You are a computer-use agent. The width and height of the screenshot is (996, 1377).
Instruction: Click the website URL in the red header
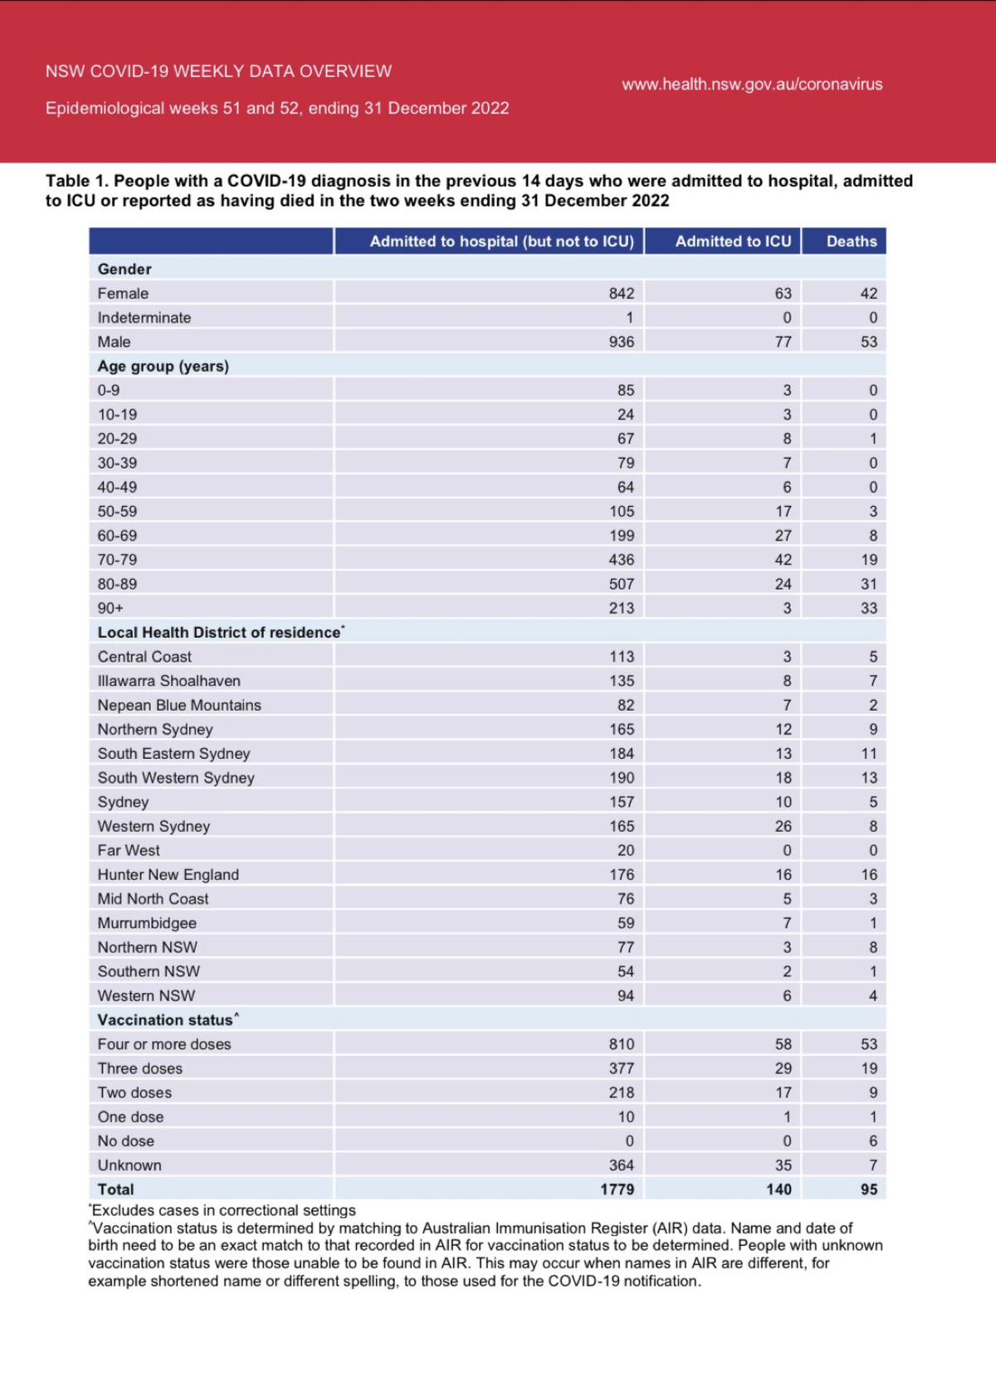752,84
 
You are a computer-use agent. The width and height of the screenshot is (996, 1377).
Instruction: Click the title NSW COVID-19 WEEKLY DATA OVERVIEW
218,71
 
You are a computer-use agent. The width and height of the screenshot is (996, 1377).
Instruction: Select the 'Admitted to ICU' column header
733,241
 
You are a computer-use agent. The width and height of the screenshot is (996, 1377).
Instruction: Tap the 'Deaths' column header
852,241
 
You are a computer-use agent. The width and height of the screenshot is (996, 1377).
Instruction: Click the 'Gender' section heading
124,269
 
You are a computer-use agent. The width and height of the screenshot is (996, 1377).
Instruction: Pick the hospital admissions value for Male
621,342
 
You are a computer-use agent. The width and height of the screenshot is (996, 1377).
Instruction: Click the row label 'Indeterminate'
144,318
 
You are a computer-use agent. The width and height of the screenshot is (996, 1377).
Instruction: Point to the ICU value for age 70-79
783,560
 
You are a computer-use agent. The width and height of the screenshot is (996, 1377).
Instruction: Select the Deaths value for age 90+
868,608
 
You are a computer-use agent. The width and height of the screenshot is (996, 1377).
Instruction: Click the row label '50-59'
117,512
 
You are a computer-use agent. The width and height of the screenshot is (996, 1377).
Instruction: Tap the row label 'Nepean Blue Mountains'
179,705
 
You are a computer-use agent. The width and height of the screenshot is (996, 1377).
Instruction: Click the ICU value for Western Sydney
783,826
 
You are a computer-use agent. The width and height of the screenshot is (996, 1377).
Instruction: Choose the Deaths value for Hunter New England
868,874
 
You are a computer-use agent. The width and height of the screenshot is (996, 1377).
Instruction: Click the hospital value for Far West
625,850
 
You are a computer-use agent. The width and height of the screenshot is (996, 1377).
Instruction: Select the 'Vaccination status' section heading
165,1020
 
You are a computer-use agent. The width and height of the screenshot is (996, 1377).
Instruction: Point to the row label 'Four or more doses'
164,1044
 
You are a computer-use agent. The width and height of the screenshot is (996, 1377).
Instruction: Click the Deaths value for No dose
872,1141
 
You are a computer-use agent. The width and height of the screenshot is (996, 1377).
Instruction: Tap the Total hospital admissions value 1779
617,1190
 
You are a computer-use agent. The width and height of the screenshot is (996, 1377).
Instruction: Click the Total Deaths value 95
868,1190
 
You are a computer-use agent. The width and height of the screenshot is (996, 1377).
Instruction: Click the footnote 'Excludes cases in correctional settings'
223,1210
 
